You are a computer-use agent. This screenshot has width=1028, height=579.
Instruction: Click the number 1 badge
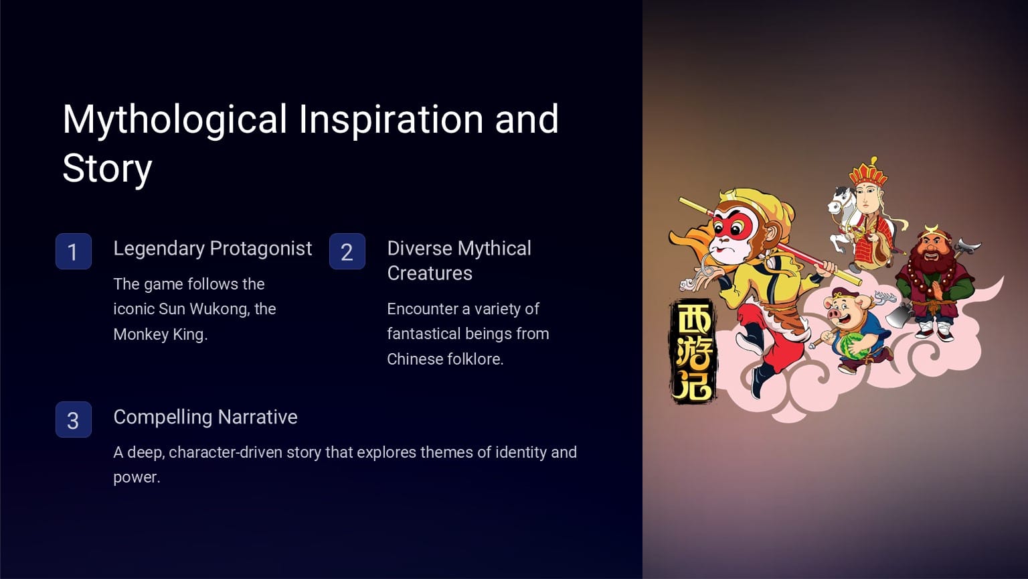point(73,251)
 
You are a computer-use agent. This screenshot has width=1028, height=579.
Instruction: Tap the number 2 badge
point(347,251)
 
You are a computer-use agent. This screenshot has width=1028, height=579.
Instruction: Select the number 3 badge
point(73,420)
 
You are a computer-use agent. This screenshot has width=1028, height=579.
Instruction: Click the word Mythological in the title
point(175,119)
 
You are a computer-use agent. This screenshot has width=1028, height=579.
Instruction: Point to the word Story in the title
point(107,168)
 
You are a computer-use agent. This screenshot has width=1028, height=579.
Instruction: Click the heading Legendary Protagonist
point(212,249)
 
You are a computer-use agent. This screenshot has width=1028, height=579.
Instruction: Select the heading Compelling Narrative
point(205,417)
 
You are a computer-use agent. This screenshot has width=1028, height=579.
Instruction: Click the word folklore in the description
point(474,359)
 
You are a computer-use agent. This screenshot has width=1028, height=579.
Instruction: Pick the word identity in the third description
point(520,452)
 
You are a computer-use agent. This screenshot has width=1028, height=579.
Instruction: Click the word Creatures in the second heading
point(430,273)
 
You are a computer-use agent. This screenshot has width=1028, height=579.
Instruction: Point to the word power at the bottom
point(136,477)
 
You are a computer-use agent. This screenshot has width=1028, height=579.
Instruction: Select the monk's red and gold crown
point(868,173)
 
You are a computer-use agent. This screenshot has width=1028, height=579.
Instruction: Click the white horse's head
point(839,200)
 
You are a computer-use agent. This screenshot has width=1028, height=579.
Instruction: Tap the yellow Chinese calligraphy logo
point(693,352)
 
